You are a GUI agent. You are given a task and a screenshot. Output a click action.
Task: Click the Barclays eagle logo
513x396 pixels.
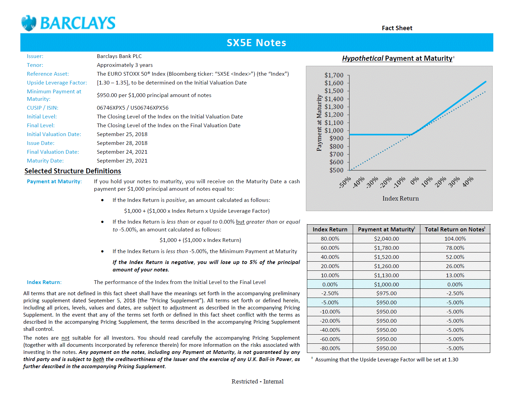29,23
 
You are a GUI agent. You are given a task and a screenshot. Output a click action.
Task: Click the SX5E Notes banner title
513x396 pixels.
256,43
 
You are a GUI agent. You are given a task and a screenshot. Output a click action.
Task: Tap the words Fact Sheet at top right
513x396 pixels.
397,28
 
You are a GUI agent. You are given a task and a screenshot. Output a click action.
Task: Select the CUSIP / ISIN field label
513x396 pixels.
42,108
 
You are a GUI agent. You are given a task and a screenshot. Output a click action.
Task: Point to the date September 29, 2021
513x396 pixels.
122,161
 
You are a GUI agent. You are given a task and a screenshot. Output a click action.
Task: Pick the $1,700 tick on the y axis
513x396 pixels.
334,75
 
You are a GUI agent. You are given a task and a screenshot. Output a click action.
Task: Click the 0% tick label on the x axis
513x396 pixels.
415,181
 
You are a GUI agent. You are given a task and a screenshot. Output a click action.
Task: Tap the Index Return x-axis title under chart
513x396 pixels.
401,199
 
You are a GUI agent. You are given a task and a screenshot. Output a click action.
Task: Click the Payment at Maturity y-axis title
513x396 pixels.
319,123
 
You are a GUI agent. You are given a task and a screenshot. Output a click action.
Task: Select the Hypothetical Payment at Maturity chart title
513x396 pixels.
397,58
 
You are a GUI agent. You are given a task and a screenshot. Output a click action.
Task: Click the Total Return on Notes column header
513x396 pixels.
455,229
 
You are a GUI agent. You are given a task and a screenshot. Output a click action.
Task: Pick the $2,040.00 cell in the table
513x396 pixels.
386,239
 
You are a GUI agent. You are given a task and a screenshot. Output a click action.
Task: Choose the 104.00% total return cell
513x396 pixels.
455,239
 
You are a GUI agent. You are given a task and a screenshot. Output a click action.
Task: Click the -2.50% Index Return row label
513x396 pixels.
330,294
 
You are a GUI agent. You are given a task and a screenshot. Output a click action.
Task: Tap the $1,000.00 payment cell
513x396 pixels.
386,284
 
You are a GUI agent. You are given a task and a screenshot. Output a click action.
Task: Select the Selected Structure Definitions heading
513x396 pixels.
73,171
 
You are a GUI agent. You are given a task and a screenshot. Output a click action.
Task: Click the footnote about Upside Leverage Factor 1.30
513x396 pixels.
386,360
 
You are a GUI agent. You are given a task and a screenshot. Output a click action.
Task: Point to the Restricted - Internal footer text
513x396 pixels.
257,381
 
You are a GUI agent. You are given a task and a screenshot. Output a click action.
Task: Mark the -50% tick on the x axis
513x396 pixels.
345,182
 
